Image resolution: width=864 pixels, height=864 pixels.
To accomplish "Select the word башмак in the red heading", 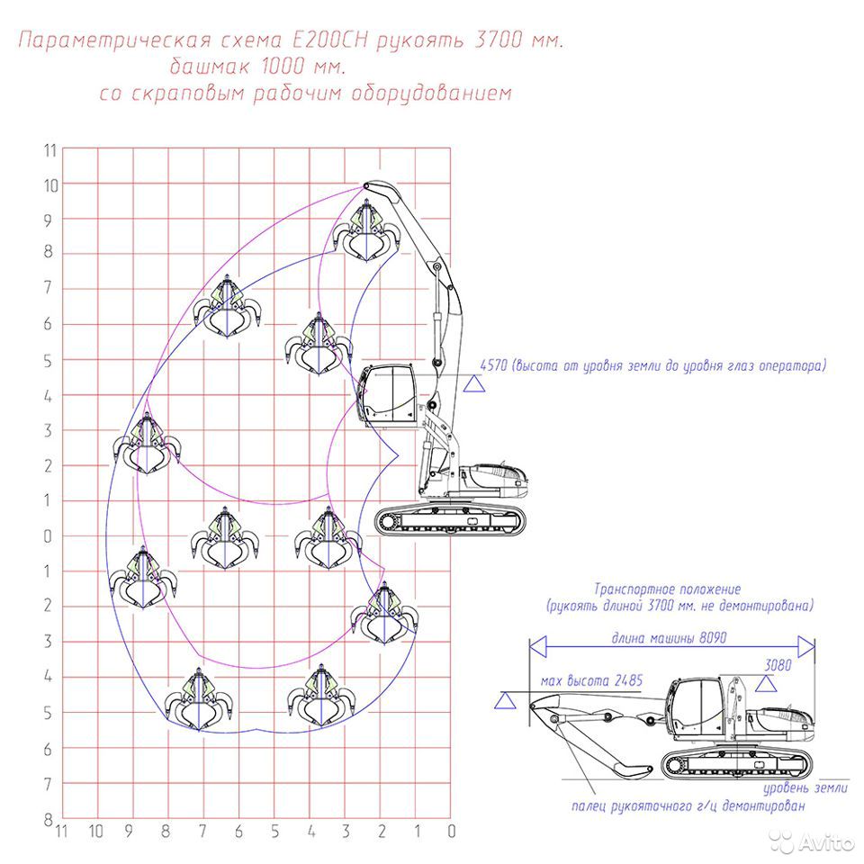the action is pos(211,67).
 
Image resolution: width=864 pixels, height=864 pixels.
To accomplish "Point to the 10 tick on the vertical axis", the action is pos(50,185).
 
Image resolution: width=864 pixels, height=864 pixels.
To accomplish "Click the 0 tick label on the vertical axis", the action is pos(48,536).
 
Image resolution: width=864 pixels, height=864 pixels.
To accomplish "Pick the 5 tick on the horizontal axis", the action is pos(274,832).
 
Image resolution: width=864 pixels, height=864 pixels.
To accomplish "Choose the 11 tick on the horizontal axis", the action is pos(62,832).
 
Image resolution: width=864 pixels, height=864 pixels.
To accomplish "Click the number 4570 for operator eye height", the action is pos(493,365).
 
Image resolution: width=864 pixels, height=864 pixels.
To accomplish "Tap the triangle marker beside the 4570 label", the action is pos(474,383).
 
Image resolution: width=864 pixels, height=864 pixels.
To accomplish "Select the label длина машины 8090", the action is pos(669,637).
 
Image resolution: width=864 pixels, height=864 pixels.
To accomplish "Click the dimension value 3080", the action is pos(778,665).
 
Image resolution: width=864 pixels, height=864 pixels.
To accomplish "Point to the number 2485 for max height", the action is pos(629,680).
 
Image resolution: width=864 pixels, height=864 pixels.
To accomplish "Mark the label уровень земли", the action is pos(805,788).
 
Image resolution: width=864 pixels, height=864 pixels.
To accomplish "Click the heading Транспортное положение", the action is pos(667,589).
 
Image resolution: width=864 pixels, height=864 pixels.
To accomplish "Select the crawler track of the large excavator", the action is pos(450,520).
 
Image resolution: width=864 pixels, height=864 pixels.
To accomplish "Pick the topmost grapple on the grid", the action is pos(366,232).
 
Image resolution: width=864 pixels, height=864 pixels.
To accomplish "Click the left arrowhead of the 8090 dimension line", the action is pos(538,646).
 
